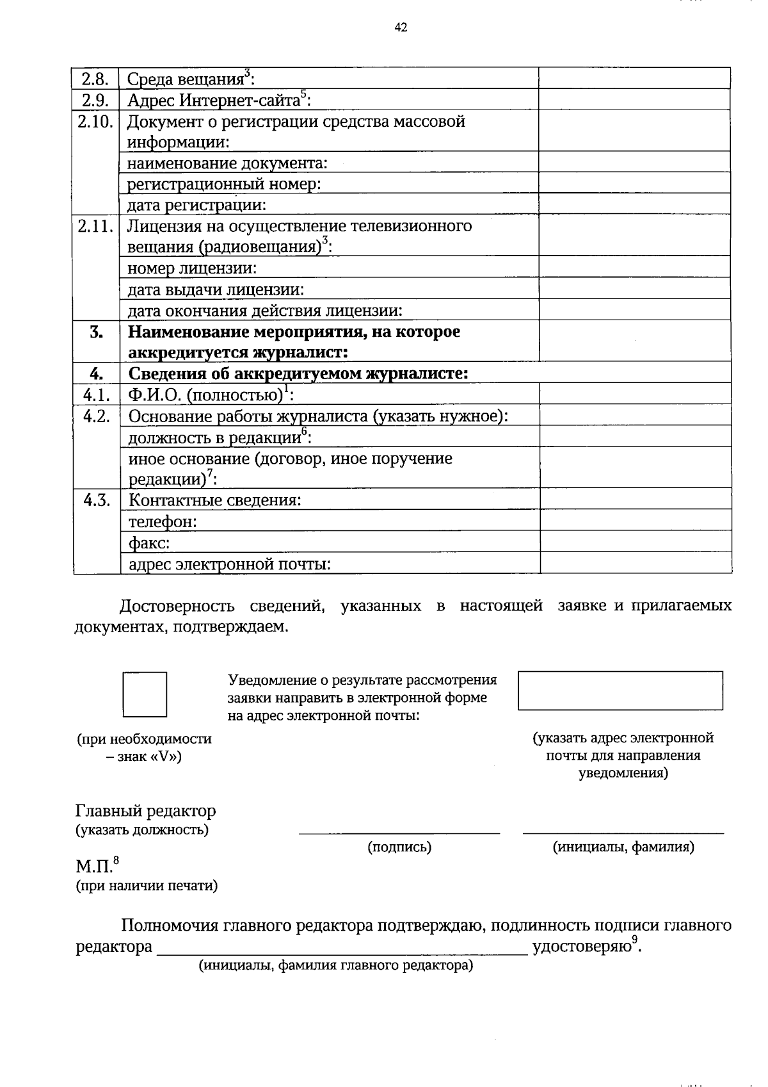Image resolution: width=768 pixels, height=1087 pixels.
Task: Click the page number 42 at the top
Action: tap(401, 27)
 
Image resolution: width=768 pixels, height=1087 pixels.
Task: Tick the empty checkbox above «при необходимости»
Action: tap(145, 694)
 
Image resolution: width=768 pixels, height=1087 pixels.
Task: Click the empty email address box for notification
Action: tap(620, 691)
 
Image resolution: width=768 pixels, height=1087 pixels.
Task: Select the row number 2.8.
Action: tap(96, 79)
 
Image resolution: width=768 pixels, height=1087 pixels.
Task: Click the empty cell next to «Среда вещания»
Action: tap(634, 78)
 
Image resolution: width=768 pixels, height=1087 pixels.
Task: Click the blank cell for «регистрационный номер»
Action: tap(634, 183)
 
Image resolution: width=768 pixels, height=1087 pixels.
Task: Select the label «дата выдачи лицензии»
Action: tap(216, 290)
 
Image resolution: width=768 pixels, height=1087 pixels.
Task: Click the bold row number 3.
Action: tap(97, 332)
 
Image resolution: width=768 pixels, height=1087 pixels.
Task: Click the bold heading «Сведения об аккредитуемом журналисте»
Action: tap(298, 373)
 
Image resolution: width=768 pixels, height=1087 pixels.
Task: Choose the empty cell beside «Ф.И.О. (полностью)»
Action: tap(636, 394)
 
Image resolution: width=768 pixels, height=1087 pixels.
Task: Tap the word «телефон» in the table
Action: tap(163, 522)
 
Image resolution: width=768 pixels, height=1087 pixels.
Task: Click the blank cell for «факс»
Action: tap(636, 542)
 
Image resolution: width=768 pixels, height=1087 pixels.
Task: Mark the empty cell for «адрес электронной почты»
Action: tap(636, 563)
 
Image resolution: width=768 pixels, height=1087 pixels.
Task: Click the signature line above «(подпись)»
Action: tap(399, 832)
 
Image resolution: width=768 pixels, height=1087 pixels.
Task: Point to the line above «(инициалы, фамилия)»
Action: tap(623, 832)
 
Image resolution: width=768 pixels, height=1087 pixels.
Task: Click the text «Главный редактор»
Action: tap(146, 811)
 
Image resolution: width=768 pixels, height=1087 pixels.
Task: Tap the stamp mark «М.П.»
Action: tap(95, 867)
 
